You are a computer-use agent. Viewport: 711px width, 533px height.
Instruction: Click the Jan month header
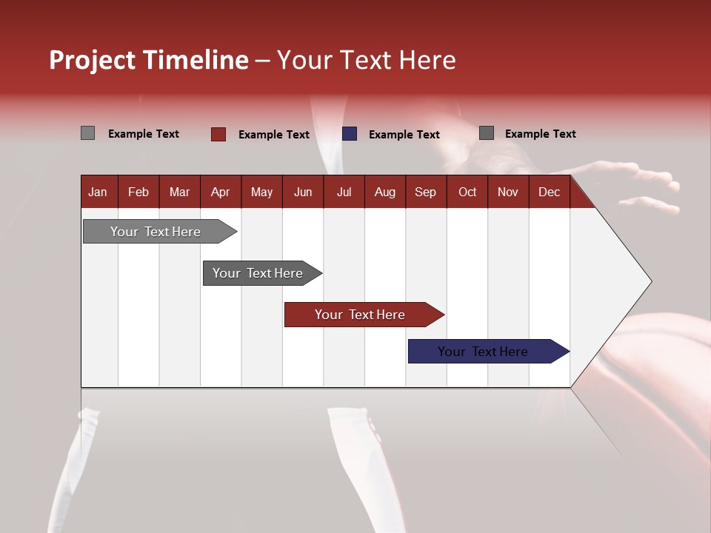(98, 192)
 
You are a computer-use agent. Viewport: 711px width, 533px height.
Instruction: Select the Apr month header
(220, 192)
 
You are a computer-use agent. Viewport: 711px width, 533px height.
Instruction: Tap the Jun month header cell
(302, 192)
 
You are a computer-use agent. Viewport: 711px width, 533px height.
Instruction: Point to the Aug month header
(384, 192)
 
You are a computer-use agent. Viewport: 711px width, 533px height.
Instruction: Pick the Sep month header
(425, 192)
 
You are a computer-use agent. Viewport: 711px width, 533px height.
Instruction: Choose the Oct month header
(467, 192)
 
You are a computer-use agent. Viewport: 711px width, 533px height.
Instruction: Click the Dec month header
(549, 192)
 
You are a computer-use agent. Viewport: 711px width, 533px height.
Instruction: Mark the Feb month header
(138, 192)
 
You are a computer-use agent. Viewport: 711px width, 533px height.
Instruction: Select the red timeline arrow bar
(360, 315)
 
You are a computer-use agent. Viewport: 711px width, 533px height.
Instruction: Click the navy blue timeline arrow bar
(483, 352)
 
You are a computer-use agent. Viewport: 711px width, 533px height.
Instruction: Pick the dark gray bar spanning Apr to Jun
(258, 273)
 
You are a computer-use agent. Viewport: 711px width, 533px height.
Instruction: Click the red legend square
(218, 134)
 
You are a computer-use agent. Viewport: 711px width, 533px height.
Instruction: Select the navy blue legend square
(350, 134)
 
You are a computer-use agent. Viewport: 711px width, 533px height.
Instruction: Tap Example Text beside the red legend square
(273, 135)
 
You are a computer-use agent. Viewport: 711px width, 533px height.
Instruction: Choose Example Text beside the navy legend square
(404, 135)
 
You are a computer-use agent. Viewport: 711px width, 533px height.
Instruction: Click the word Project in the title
(92, 60)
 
